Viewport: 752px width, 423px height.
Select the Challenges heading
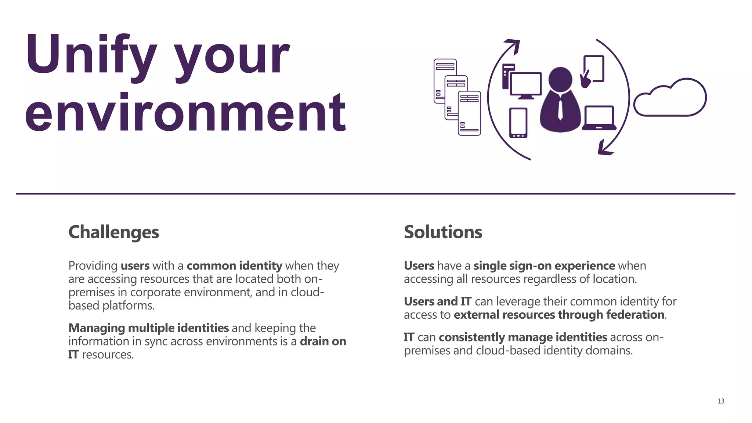(114, 232)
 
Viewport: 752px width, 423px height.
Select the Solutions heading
(443, 232)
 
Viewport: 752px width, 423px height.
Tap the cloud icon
(670, 98)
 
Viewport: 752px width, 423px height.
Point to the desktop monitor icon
(525, 85)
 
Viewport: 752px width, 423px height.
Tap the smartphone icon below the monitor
(518, 123)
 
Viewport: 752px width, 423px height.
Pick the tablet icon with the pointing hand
(593, 70)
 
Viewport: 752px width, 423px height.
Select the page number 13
(720, 401)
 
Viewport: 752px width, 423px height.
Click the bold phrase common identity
(234, 265)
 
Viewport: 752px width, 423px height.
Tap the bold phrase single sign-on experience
(544, 265)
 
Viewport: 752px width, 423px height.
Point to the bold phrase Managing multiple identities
(149, 328)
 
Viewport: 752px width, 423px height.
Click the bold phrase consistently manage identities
(523, 337)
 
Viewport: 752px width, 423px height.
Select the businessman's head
(560, 79)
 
